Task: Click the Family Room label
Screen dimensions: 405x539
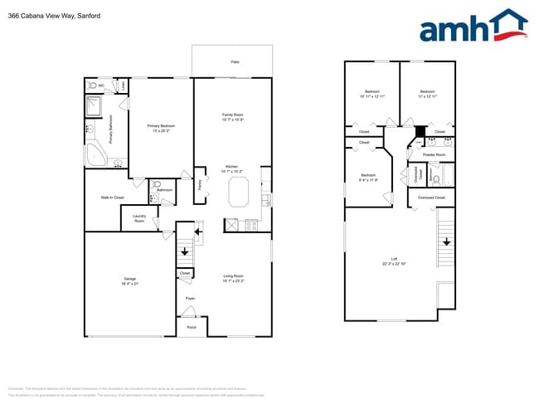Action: [232, 117]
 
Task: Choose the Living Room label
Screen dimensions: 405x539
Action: [233, 278]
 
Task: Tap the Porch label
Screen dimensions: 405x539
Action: [192, 327]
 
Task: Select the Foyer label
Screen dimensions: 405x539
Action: [190, 297]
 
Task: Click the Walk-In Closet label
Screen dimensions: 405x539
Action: [112, 198]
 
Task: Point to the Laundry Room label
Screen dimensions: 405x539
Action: [139, 220]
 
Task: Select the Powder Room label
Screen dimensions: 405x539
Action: [434, 154]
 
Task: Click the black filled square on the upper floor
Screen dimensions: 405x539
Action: [420, 129]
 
